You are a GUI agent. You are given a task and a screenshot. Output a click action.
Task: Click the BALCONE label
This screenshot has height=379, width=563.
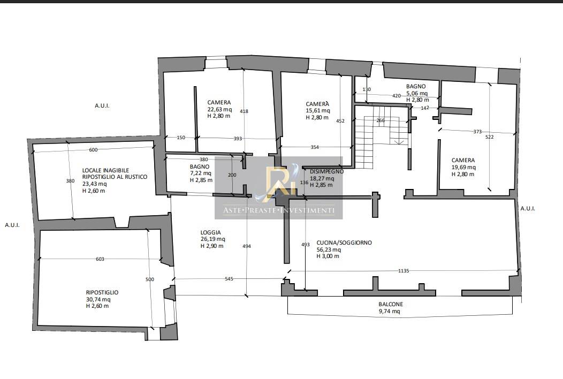pyautogui.click(x=391, y=304)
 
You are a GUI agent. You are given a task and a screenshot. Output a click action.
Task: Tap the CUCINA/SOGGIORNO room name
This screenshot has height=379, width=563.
pyautogui.click(x=344, y=243)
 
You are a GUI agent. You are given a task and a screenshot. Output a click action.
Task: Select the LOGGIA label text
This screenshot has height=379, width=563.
pyautogui.click(x=211, y=232)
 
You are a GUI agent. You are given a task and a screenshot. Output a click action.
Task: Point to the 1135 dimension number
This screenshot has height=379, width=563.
pyautogui.click(x=404, y=270)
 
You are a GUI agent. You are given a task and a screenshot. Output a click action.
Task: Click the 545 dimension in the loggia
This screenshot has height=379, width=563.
pyautogui.click(x=229, y=278)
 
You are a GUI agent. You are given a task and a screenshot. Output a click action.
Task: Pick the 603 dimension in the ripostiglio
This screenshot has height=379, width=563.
pyautogui.click(x=100, y=259)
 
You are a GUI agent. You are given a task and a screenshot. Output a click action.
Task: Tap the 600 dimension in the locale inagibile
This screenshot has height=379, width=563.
pyautogui.click(x=93, y=150)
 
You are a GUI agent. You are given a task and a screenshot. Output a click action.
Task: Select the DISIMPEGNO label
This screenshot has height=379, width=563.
pyautogui.click(x=327, y=171)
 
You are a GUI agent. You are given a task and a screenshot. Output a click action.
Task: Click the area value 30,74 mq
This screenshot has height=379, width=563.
pyautogui.click(x=98, y=299)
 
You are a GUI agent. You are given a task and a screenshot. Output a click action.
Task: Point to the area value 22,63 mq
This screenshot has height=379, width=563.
pyautogui.click(x=219, y=109)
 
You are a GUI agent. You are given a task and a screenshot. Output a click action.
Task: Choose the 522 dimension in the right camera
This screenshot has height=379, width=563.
pyautogui.click(x=489, y=137)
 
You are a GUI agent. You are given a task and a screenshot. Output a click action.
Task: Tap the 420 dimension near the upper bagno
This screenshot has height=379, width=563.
pyautogui.click(x=397, y=96)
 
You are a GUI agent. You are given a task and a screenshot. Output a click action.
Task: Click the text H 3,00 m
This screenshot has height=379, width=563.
pyautogui.click(x=328, y=256)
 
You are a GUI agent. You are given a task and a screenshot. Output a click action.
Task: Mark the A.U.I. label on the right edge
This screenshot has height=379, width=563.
pyautogui.click(x=528, y=208)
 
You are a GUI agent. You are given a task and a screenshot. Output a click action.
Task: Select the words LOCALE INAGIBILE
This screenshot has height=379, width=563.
pyautogui.click(x=105, y=170)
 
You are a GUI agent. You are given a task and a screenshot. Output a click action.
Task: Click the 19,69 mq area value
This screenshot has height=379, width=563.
pyautogui.click(x=463, y=167)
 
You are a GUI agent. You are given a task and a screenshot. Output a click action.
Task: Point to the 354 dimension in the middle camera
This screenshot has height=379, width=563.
pyautogui.click(x=315, y=147)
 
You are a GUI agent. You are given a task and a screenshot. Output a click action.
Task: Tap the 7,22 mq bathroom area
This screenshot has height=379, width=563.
pyautogui.click(x=200, y=173)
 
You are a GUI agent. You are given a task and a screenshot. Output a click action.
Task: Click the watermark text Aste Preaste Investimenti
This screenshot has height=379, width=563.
pyautogui.click(x=279, y=210)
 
